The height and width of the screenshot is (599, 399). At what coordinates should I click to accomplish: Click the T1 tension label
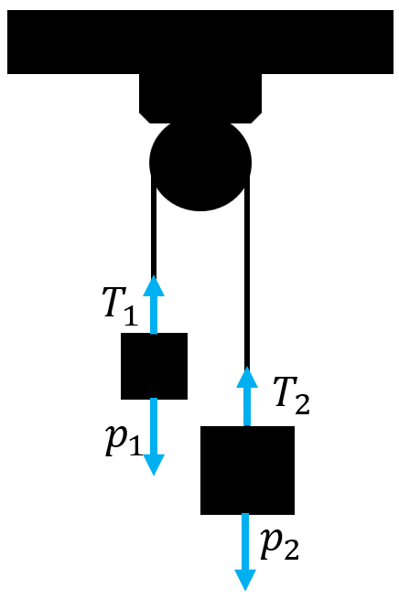[120, 306]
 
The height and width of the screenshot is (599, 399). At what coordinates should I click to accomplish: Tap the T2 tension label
[292, 396]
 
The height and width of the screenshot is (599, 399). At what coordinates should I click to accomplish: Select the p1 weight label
[124, 440]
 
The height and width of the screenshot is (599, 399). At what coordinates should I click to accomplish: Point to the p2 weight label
[279, 544]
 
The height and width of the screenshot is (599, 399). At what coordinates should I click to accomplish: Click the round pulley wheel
[200, 164]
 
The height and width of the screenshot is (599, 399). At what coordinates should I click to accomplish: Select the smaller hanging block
[154, 366]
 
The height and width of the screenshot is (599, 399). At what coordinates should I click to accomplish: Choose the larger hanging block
[247, 470]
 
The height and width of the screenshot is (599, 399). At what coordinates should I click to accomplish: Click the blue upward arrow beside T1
[154, 305]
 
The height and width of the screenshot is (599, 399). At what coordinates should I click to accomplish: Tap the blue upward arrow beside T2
[247, 396]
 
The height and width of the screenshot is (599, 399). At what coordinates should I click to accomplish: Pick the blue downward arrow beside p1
[154, 436]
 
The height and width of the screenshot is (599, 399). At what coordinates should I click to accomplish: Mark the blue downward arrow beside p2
[245, 552]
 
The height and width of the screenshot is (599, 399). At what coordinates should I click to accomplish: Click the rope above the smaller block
[154, 225]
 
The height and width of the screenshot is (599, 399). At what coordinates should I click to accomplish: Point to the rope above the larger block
[247, 272]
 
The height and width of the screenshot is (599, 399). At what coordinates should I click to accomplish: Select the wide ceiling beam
[200, 42]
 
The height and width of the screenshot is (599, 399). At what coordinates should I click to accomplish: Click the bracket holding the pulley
[200, 99]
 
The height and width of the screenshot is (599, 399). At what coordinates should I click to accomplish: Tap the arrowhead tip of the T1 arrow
[154, 276]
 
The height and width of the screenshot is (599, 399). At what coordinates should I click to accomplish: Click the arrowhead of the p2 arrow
[245, 580]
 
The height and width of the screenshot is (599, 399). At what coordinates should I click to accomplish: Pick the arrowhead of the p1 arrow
[154, 465]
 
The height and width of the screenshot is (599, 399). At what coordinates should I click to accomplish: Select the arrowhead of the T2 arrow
[247, 377]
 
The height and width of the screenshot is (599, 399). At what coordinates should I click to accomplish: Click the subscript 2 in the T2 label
[302, 404]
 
